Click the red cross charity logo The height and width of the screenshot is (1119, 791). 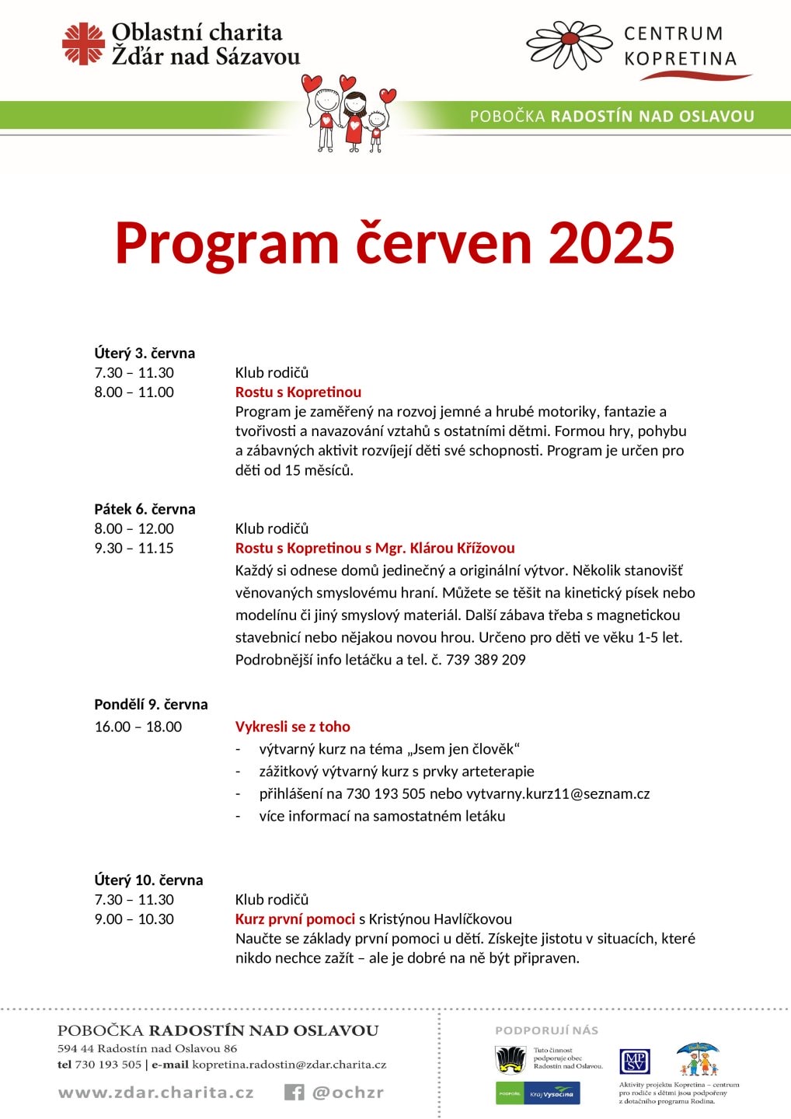83,44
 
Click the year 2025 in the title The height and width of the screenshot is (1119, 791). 612,243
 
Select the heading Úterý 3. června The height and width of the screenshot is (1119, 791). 145,353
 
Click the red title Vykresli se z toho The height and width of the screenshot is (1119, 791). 292,727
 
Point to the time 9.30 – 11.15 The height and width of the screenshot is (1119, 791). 134,548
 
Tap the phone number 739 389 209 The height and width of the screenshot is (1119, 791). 486,660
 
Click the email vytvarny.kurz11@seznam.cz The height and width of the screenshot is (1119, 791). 557,793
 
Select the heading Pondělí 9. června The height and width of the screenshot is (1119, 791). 151,704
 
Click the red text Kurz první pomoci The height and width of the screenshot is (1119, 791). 294,919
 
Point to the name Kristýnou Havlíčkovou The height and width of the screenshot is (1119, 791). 440,919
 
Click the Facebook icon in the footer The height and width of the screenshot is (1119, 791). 294,1092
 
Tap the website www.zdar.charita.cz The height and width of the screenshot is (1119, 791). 155,1092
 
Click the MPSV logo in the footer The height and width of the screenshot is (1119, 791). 634,1061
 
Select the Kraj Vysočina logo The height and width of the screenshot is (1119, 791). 552,1093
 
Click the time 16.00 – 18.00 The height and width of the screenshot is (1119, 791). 138,727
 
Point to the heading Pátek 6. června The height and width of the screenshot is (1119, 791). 145,509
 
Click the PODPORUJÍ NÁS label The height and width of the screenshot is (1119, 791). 546,1030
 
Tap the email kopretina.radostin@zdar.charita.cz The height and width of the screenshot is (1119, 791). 289,1065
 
